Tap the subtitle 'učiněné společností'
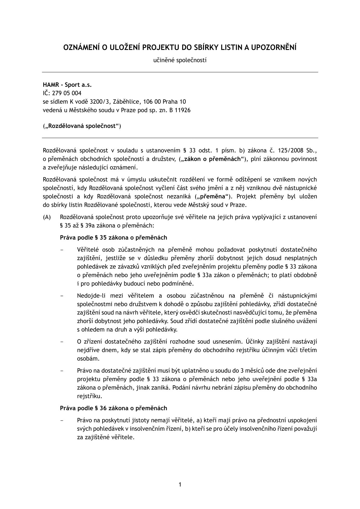coord(180,60)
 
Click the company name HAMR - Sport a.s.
coord(67,85)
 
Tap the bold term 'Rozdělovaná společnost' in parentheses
coord(81,126)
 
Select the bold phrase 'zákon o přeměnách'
coord(213,158)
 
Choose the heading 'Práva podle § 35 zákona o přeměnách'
coord(113,238)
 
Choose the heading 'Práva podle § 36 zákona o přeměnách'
coord(113,408)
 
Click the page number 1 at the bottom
coord(180,485)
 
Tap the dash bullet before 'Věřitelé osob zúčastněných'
coord(62,250)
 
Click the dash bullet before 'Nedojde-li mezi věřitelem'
coord(62,295)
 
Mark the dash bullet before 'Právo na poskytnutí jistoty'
coord(62,420)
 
